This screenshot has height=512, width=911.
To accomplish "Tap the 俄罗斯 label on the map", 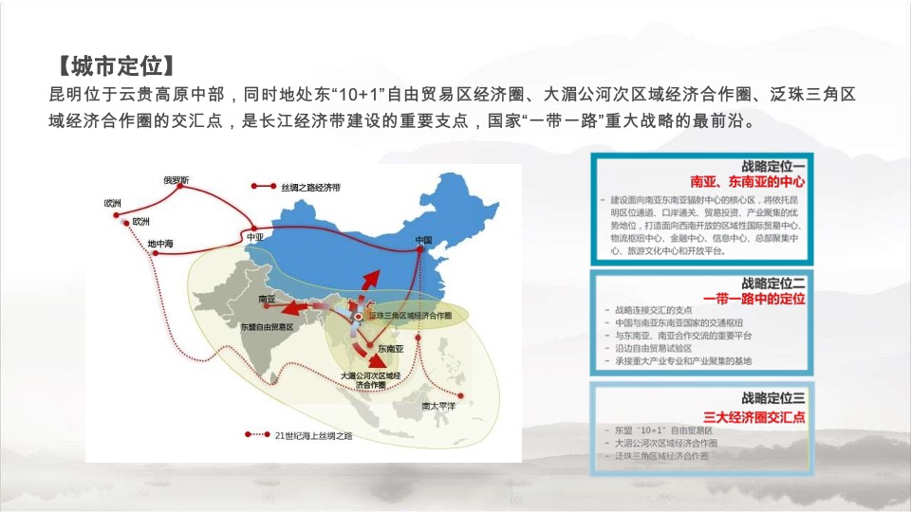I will pyautogui.click(x=177, y=179).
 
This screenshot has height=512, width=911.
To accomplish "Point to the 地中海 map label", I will pyautogui.click(x=161, y=244).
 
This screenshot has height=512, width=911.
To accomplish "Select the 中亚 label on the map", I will pyautogui.click(x=254, y=237).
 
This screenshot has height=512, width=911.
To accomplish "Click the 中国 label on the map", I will pyautogui.click(x=423, y=241).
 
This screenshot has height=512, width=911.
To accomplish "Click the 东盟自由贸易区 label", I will pyautogui.click(x=266, y=325).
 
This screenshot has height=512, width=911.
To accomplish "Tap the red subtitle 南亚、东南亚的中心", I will pyautogui.click(x=747, y=180).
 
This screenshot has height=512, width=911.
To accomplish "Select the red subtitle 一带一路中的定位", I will pyautogui.click(x=753, y=298).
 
